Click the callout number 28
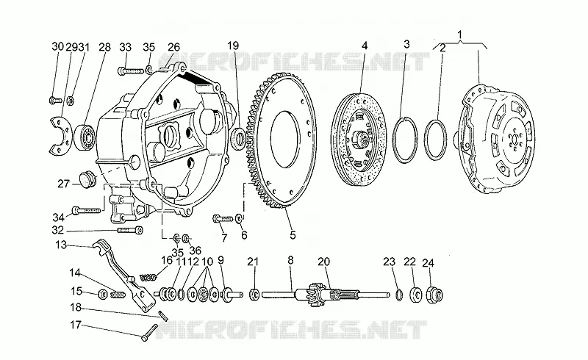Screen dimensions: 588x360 [x=104, y=47]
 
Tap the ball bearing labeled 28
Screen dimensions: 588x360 [x=86, y=136]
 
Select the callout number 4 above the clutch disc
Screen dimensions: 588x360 [x=365, y=46]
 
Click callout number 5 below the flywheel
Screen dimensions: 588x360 [x=293, y=235]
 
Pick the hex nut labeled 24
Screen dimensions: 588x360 [x=434, y=295]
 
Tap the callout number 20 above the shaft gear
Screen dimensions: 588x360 [x=323, y=262]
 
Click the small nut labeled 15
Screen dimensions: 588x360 [x=102, y=295]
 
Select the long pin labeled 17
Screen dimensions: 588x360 [x=150, y=332]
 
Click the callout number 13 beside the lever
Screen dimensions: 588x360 [x=61, y=245]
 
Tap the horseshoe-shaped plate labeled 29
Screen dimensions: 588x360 [x=61, y=135]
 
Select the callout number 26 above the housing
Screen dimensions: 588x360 [x=173, y=47]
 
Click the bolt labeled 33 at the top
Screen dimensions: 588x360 [x=131, y=70]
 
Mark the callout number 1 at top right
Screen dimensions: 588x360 [x=460, y=35]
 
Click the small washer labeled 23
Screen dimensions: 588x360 [x=399, y=295]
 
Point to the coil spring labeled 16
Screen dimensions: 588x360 [x=148, y=278]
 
